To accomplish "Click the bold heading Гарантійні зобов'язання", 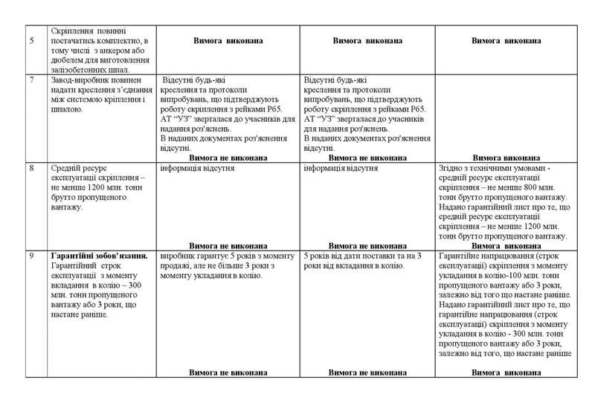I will (x=100, y=256).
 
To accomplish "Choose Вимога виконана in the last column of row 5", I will (x=506, y=39).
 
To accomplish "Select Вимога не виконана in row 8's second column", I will (x=228, y=245).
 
